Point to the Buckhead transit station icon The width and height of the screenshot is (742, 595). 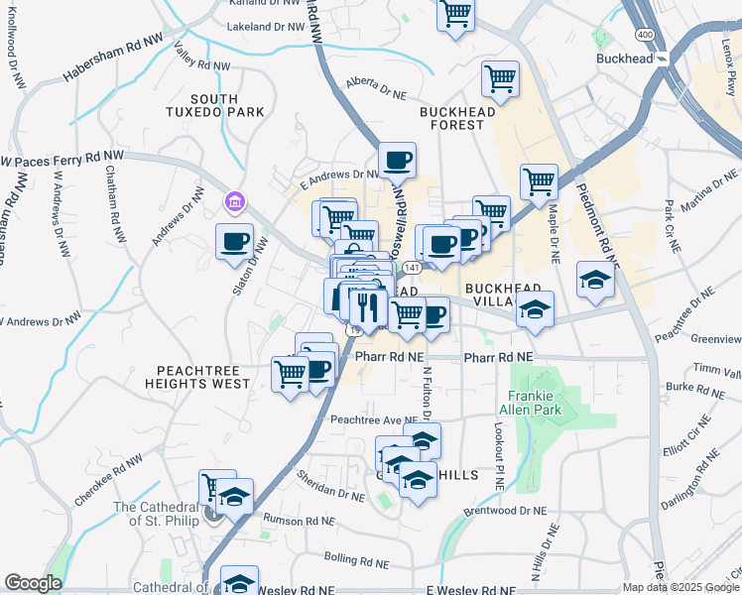click(663, 59)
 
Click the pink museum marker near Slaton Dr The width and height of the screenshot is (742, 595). click(234, 203)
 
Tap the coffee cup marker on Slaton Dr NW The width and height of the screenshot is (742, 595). click(235, 240)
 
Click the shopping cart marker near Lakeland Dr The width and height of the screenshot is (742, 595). click(455, 14)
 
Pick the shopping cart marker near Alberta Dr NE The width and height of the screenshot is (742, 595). click(500, 77)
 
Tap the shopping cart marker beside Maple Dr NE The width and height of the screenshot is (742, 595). click(539, 180)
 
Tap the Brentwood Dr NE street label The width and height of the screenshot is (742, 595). click(505, 512)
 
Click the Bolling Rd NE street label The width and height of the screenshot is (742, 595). click(355, 561)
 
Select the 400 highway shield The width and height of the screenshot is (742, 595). click(645, 34)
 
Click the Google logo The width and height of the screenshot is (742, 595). click(34, 583)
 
